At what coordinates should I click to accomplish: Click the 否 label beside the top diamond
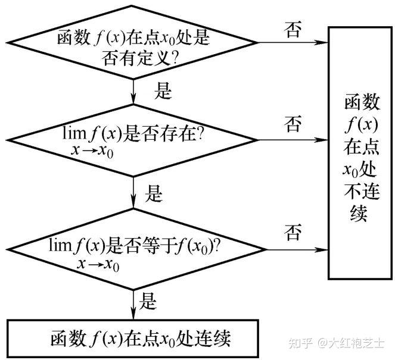pos(293,30)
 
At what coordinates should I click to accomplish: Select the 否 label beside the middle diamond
pos(293,124)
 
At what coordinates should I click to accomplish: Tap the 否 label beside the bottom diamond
pos(293,232)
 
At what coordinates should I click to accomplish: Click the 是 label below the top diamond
pos(163,90)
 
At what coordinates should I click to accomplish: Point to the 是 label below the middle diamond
pos(154,193)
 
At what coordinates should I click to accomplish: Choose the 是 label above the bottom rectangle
pos(148,301)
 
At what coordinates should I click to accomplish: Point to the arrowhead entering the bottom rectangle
pos(133,313)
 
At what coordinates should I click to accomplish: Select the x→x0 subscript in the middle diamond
pos(92,151)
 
